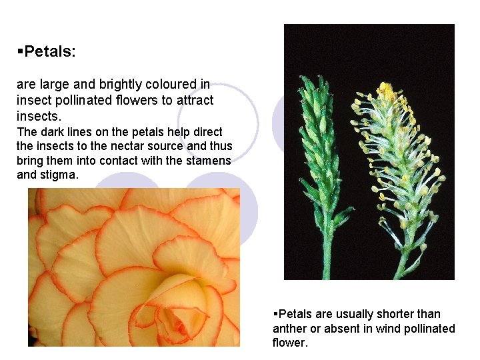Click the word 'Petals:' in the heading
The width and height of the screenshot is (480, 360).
pyautogui.click(x=54, y=51)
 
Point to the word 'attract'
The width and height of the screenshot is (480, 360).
pyautogui.click(x=192, y=100)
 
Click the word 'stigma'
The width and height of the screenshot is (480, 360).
pyautogui.click(x=60, y=175)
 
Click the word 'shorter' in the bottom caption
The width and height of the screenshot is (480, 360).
pyautogui.click(x=378, y=314)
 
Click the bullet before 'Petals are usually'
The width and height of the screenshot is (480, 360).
pyautogui.click(x=275, y=314)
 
